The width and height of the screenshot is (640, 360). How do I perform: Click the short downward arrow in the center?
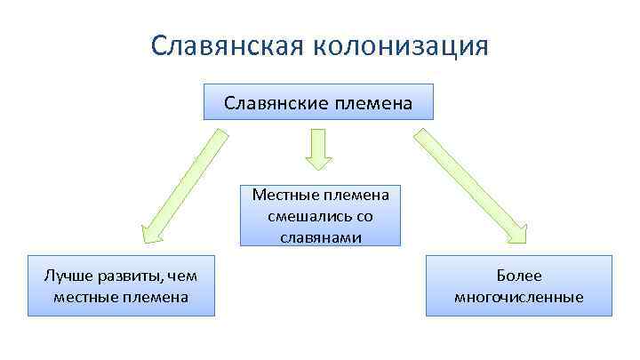(x=319, y=148)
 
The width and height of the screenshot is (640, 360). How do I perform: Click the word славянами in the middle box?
(x=319, y=236)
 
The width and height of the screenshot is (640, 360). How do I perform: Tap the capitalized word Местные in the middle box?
(x=282, y=196)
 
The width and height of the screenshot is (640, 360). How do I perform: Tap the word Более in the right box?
(x=518, y=276)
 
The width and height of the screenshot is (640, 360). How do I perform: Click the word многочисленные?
(x=518, y=297)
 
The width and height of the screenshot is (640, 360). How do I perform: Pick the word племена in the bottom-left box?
(x=156, y=297)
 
